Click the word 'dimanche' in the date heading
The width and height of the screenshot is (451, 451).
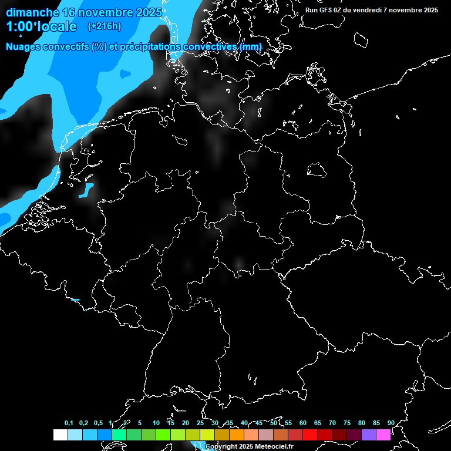[32, 12]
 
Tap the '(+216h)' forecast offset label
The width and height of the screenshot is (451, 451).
[105, 26]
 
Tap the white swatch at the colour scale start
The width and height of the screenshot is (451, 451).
[60, 435]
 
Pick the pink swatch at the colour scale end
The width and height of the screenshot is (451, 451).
[383, 435]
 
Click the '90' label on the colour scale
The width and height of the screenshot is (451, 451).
[391, 423]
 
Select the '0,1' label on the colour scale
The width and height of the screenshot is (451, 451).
[69, 423]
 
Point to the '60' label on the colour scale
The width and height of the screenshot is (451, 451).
[303, 423]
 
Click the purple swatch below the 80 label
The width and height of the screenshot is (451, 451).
[369, 435]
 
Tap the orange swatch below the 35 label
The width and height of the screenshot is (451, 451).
[236, 435]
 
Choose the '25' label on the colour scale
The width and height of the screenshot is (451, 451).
[200, 423]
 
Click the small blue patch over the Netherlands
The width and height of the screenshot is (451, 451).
[86, 190]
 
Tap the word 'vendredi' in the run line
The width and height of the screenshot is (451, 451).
[369, 10]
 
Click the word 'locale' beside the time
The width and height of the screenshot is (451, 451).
[58, 26]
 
